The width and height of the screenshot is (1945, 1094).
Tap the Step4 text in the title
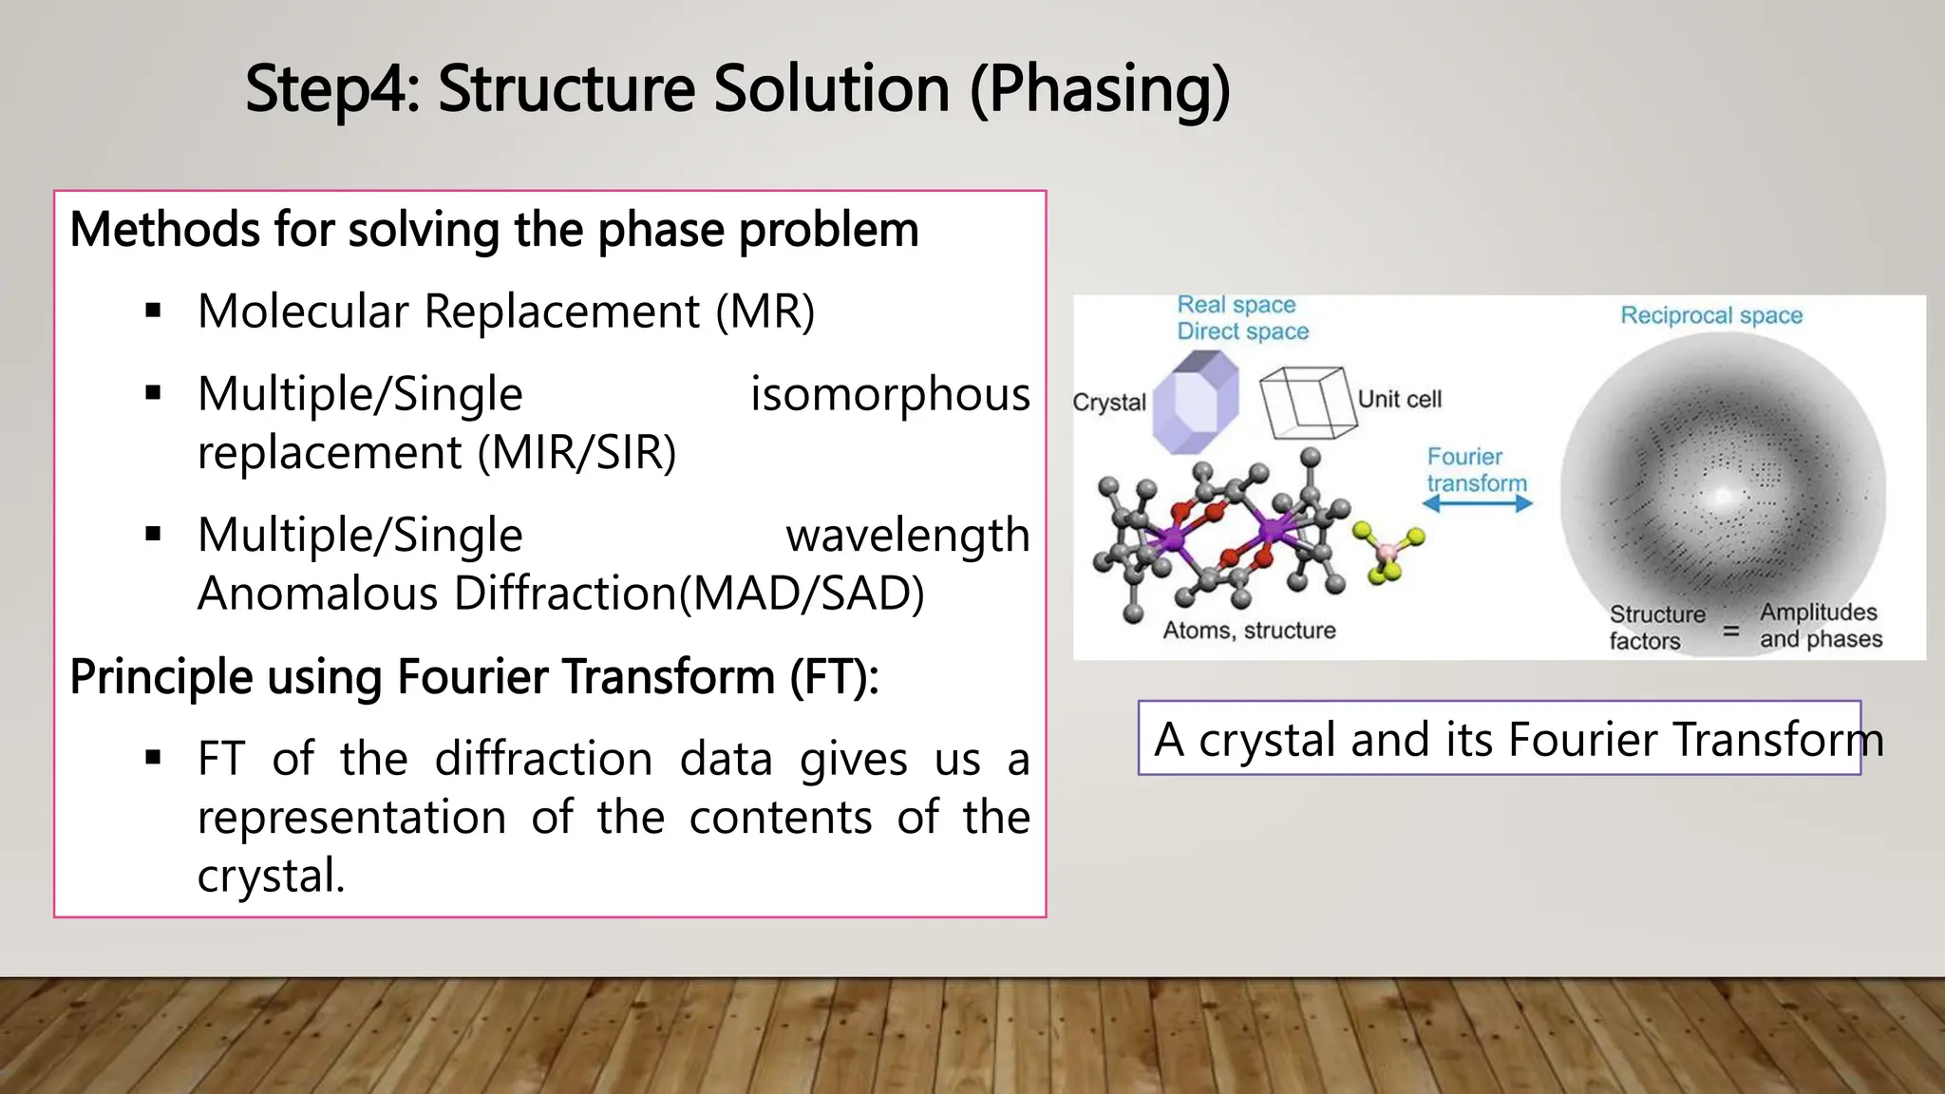click(x=331, y=89)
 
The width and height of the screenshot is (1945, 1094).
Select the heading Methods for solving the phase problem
click(x=494, y=230)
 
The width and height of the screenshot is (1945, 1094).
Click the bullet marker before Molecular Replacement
click(x=154, y=311)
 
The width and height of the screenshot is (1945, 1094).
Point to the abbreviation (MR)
click(x=765, y=311)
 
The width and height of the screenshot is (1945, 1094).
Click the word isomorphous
click(x=889, y=393)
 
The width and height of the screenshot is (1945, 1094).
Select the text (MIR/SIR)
click(x=576, y=452)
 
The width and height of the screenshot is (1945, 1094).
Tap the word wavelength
click(x=907, y=535)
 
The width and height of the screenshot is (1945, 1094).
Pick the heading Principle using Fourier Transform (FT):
click(x=474, y=677)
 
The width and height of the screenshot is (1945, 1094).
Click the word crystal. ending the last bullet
click(x=271, y=875)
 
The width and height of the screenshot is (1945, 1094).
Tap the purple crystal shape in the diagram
click(x=1195, y=403)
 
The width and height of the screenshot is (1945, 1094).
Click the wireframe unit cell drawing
click(x=1306, y=403)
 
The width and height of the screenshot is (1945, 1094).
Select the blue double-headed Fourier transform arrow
click(x=1477, y=504)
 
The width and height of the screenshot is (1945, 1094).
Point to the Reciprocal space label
click(x=1710, y=315)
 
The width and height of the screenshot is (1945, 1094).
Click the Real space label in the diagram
click(x=1236, y=305)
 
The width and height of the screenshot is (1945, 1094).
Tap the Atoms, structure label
click(x=1249, y=631)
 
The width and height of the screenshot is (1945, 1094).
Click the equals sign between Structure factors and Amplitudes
click(x=1731, y=630)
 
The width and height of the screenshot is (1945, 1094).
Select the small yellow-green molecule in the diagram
click(x=1388, y=553)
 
